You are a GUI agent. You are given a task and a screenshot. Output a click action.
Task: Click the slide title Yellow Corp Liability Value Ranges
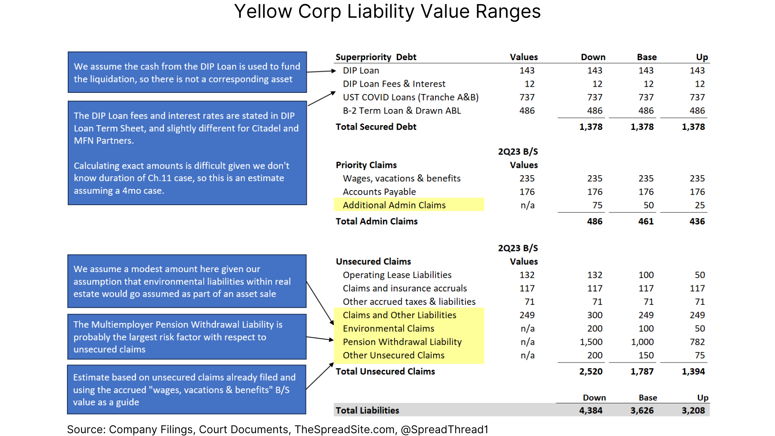coord(387,11)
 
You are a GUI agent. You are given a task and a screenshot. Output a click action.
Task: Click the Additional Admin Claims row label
coord(394,205)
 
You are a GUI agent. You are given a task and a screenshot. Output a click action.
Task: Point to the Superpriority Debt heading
coord(375,57)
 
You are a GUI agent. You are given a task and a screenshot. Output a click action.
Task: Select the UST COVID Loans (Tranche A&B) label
coord(411,97)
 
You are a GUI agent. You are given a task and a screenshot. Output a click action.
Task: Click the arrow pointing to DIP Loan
coord(322,71)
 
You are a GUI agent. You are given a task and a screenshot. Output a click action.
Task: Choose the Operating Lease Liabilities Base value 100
coord(646,275)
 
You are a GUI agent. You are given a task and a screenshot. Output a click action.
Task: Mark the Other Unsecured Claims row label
coord(393,355)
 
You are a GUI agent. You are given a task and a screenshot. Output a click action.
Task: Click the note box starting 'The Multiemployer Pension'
coord(187,337)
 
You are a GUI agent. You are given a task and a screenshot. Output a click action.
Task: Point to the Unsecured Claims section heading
coord(373,262)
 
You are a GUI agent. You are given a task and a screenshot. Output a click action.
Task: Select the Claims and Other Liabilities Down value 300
coord(595,315)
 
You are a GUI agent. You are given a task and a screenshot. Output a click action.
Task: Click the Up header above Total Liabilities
coord(702,398)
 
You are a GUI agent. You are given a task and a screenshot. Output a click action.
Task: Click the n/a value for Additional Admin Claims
coord(527,205)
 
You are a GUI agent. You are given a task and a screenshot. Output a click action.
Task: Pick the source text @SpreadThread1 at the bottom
coord(444,430)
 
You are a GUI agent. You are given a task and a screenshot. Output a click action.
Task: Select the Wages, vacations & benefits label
coord(401,178)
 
